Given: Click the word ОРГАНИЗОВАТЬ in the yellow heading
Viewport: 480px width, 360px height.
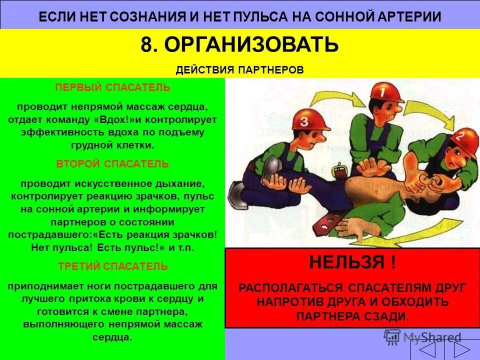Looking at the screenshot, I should point(251,45).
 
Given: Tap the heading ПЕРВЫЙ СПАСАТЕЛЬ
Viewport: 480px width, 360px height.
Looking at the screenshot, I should point(112,87).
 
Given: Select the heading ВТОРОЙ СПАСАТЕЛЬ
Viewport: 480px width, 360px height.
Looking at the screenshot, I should point(112,164).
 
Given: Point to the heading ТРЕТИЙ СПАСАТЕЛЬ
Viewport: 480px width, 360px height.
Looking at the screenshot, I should point(113,266).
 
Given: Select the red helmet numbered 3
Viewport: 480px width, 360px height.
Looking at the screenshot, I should point(308,119).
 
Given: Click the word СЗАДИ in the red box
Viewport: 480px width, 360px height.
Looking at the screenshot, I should point(384,316).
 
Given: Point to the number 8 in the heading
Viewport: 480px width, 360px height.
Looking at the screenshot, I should point(146,45).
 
